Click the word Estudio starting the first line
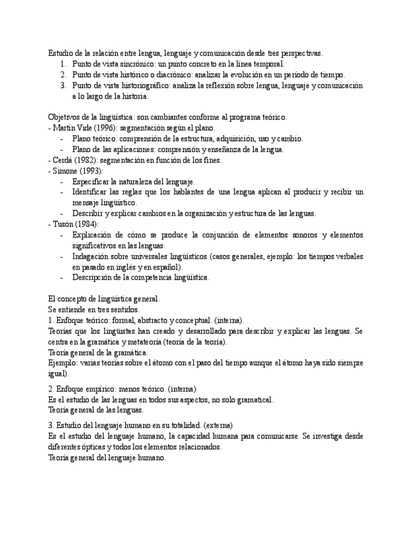(60, 53)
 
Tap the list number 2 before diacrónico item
(64, 75)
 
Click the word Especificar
(92, 182)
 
